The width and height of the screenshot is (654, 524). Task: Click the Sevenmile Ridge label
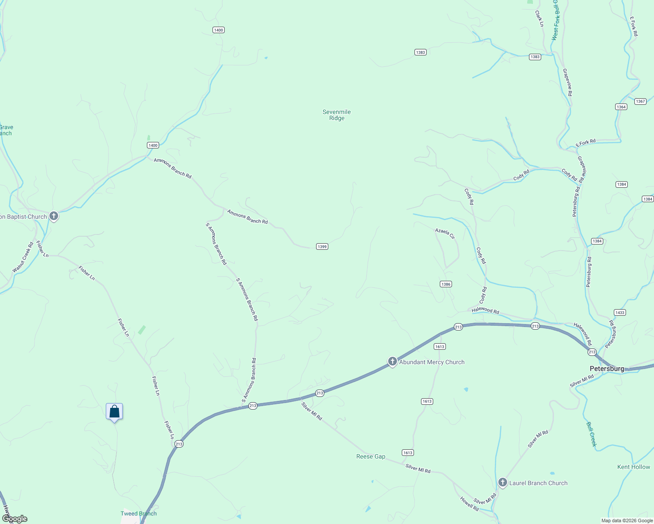tap(337, 115)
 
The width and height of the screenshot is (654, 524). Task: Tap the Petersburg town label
tap(607, 369)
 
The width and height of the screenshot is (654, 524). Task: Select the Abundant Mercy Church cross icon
tap(393, 362)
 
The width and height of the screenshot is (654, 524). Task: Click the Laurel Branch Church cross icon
tap(503, 483)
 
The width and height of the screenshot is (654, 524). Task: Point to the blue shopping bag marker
tap(114, 411)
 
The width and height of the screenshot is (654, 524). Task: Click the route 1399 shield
tap(322, 247)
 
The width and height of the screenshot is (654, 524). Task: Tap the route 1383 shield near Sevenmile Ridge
tap(420, 52)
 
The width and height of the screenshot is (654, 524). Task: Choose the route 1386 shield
tap(445, 284)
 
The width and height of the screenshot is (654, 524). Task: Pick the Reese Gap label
tap(371, 456)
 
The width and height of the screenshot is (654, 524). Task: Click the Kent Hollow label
tap(633, 467)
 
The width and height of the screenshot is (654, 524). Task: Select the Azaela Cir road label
tap(445, 233)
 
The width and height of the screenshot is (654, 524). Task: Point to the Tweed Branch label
tap(139, 514)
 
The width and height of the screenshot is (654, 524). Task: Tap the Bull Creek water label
tap(591, 434)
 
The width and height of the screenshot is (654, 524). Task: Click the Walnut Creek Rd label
tap(23, 258)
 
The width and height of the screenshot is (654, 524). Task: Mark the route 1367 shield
tap(640, 101)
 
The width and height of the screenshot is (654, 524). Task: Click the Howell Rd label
tap(469, 504)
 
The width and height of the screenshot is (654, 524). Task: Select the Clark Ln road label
tap(539, 19)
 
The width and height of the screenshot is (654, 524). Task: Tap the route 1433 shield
tap(619, 313)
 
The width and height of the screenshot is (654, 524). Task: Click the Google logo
tap(15, 519)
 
